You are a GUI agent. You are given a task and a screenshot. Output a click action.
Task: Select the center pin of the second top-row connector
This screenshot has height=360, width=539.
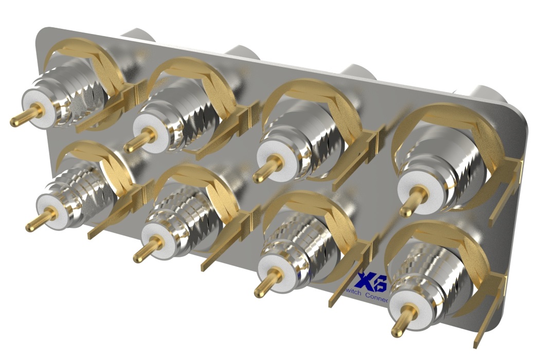tap(138, 140)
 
